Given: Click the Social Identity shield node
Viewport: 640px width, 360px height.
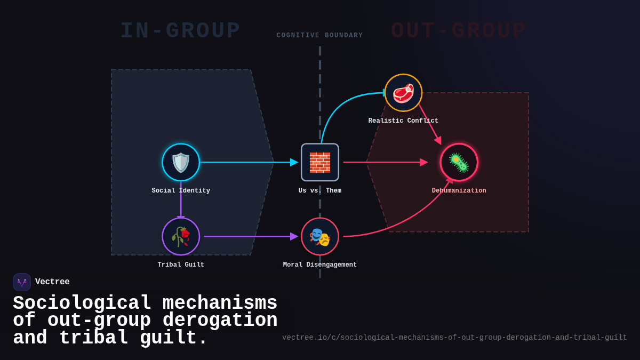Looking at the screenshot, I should click(181, 162).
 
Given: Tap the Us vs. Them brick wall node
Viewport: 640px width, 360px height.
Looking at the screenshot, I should click(320, 162).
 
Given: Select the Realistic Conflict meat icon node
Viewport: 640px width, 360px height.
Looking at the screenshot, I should click(403, 93).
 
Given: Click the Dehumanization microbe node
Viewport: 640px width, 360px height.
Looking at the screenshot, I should click(459, 162).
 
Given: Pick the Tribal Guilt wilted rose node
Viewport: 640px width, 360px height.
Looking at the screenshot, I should click(181, 236).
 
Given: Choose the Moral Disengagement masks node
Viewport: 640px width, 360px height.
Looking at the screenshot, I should click(320, 236).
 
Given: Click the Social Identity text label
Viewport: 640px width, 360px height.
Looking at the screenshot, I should click(181, 191).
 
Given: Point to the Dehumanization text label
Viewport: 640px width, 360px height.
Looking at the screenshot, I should click(459, 191).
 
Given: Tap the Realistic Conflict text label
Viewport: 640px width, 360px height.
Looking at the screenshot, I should click(403, 121).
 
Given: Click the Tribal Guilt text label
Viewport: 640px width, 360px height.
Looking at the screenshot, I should click(181, 265).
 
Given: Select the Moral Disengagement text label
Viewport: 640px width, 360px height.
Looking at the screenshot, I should click(320, 265).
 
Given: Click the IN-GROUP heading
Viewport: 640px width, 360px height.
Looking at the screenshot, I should click(180, 31).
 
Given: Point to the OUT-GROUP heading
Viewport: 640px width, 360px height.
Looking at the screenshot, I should click(459, 31).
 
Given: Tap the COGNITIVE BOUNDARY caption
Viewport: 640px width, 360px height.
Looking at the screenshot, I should click(320, 36).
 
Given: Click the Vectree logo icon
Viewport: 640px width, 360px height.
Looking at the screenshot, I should click(22, 282).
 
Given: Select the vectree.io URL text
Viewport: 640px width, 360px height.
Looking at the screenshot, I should click(454, 338).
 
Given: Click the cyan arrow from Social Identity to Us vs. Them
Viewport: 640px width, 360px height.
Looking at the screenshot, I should click(245, 162).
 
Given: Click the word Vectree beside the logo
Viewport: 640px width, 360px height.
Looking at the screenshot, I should click(52, 282).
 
